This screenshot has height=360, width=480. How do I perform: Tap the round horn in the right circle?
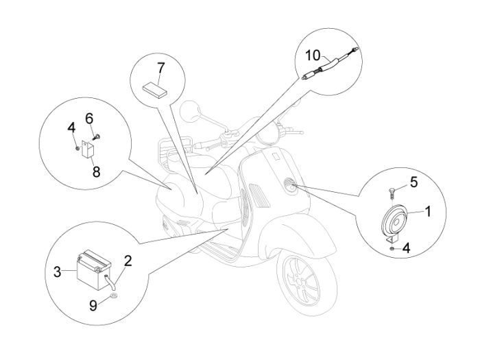397,222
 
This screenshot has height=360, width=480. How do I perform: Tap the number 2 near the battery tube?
127,261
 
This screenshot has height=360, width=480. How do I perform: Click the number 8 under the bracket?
96,172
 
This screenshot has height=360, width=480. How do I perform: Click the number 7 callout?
160,68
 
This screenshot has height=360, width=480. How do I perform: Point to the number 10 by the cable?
313,55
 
